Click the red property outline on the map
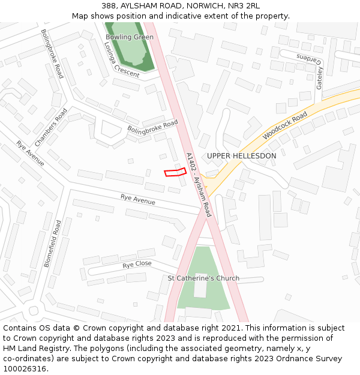pyautogui.click(x=175, y=173)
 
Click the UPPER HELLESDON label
pyautogui.click(x=241, y=156)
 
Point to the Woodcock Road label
pyautogui.click(x=285, y=125)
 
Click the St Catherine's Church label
pyautogui.click(x=203, y=278)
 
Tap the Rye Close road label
pyautogui.click(x=137, y=265)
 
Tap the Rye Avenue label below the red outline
pyautogui.click(x=137, y=199)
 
